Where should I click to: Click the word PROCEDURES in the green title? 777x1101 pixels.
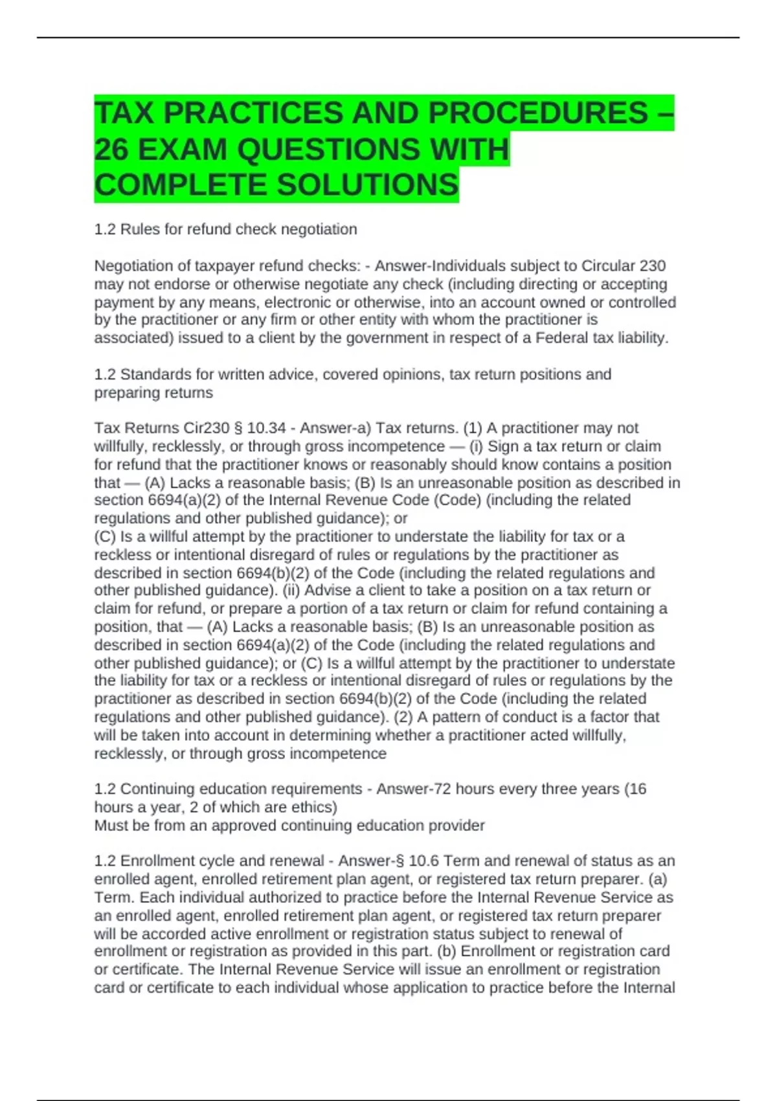(537, 113)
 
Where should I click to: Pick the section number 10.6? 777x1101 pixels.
(423, 861)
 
